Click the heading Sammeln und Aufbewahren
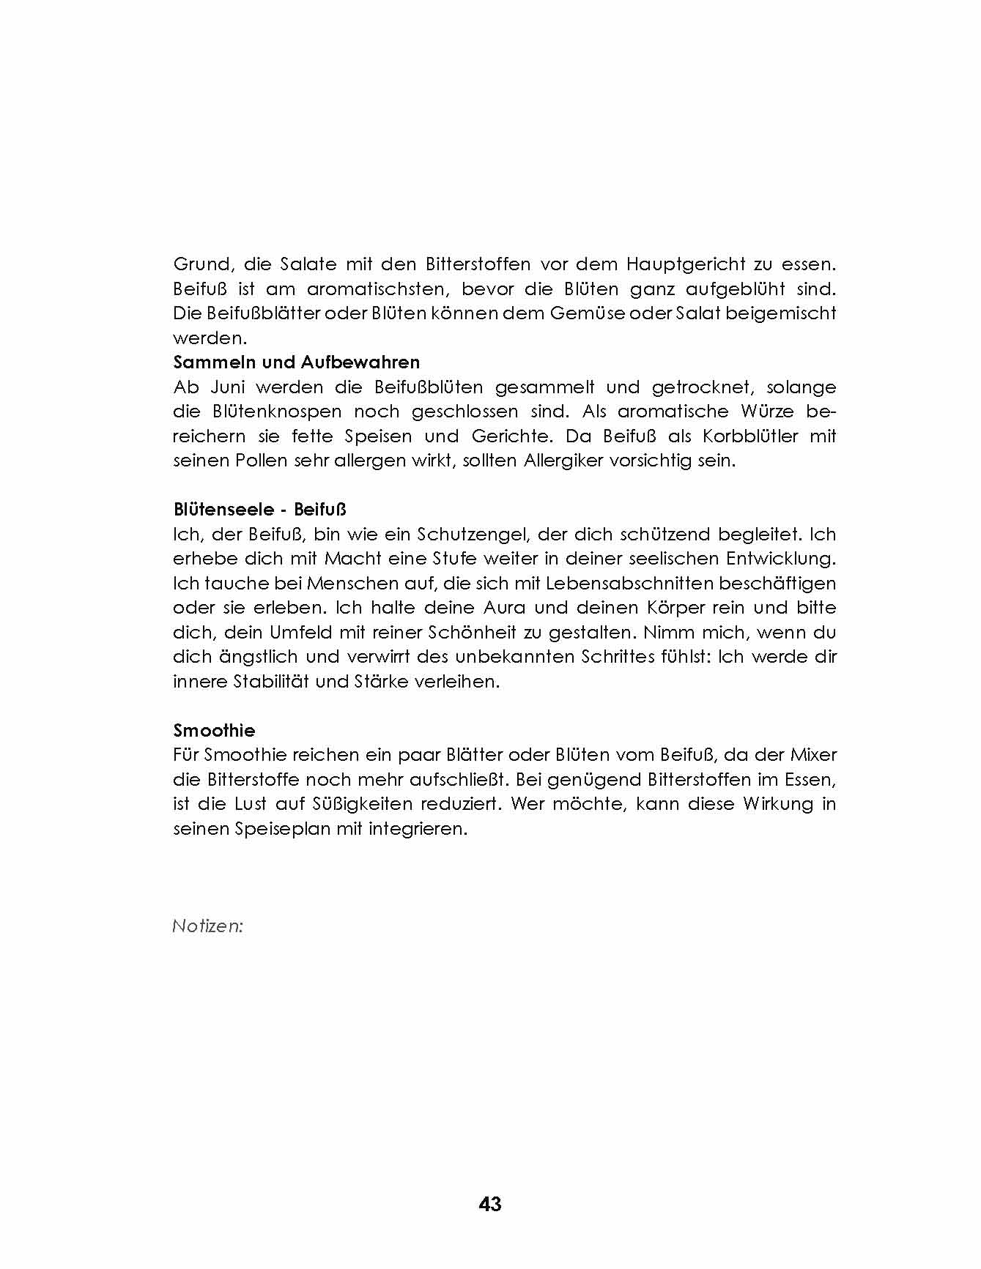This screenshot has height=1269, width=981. (x=296, y=362)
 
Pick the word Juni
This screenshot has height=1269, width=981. (x=227, y=387)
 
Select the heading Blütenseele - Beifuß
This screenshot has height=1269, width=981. (x=259, y=510)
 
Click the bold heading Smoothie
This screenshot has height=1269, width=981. (x=214, y=730)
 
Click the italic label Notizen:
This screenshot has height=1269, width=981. (x=207, y=926)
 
